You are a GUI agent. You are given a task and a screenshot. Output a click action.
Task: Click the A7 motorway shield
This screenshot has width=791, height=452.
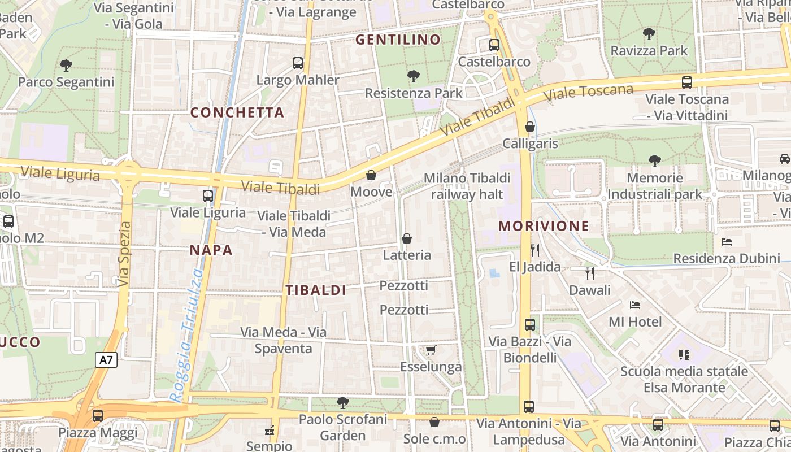(106, 360)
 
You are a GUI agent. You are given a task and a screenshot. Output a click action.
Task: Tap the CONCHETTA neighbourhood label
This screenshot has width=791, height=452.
(237, 112)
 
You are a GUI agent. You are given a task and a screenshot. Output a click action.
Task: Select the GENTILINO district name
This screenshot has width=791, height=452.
(398, 40)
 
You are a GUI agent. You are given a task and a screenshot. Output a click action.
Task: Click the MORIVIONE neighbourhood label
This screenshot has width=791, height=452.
(544, 227)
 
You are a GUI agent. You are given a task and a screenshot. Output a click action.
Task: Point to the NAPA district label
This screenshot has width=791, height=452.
(211, 250)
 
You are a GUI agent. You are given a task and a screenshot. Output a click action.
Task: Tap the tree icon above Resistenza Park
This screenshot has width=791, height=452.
(414, 76)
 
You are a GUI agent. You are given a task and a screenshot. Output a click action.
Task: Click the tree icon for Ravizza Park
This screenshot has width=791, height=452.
(649, 34)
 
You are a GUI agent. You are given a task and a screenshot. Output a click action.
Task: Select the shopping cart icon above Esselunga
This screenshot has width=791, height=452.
(431, 350)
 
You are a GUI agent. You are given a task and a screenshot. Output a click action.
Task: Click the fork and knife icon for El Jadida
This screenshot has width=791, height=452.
(534, 250)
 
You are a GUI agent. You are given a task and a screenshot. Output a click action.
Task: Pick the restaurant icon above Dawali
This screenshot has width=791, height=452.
(590, 273)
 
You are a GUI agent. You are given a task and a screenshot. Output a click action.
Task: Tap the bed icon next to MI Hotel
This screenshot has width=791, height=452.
(635, 305)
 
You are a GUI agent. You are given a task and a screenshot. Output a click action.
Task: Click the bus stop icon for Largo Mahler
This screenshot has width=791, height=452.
(298, 63)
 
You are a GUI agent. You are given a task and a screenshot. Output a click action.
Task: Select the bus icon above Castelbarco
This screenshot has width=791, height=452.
(494, 45)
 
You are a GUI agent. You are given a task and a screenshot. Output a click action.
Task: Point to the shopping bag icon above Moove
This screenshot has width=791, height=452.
(371, 175)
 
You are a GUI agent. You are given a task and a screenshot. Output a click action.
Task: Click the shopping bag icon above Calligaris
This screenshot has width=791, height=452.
(530, 127)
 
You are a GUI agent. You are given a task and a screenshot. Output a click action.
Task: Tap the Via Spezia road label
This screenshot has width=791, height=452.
(124, 254)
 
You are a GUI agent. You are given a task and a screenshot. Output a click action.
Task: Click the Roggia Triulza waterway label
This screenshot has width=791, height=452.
(188, 334)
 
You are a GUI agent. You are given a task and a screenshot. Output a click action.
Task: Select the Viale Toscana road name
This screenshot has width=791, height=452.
(590, 93)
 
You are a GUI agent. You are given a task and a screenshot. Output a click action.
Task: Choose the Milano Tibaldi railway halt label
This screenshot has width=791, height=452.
(467, 186)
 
